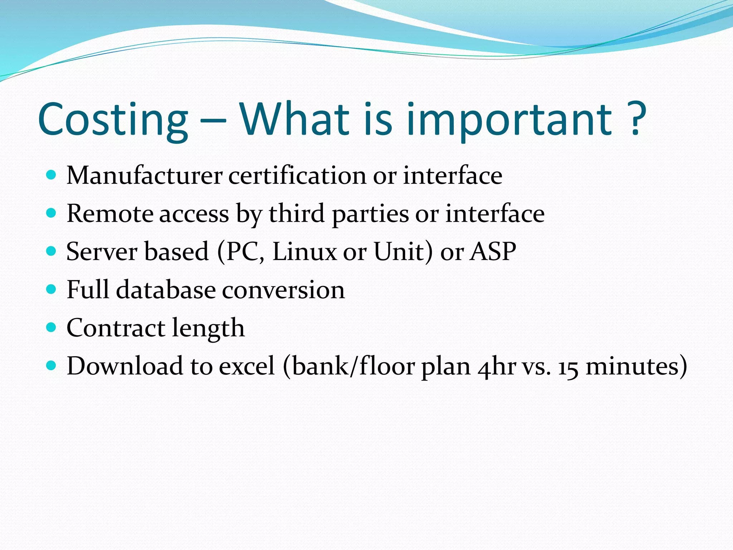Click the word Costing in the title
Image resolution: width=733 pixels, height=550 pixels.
pos(113,120)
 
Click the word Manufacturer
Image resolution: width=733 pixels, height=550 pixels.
pos(145,176)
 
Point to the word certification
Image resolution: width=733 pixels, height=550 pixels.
pos(297,176)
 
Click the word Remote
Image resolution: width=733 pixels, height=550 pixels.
pos(110,214)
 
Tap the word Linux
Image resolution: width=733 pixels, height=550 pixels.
pos(304,251)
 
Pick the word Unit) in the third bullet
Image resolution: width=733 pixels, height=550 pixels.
pos(403,251)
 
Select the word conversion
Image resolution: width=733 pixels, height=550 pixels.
pos(283,290)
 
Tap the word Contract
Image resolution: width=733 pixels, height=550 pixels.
pos(116,328)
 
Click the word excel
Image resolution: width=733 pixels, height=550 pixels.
pos(247,366)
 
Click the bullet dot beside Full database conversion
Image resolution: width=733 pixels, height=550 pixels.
pos(52,289)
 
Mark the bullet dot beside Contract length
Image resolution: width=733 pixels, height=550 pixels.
pos(52,327)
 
